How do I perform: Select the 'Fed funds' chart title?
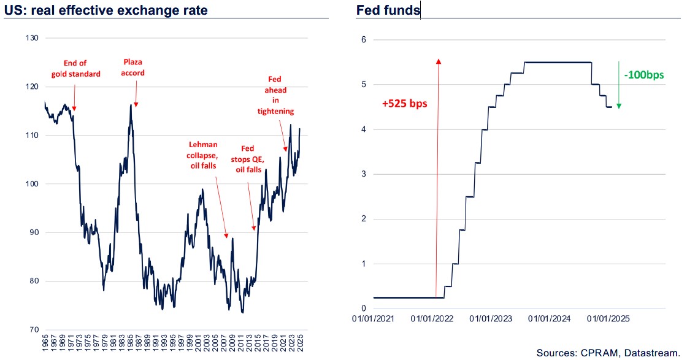(388, 10)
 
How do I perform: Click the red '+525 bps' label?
(404, 104)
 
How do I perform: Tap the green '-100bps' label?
(644, 75)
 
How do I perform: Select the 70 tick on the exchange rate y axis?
(33, 330)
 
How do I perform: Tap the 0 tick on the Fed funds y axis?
(363, 308)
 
